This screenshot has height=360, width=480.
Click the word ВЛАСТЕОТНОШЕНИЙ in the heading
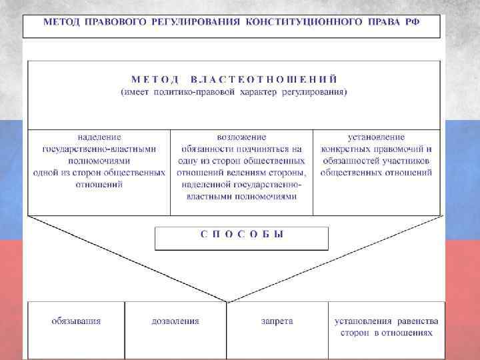click(x=263, y=79)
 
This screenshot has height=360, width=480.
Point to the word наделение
click(x=99, y=137)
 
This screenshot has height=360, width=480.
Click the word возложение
click(x=242, y=137)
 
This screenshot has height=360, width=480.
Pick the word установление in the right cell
click(x=376, y=137)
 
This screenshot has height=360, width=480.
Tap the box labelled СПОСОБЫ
click(x=241, y=235)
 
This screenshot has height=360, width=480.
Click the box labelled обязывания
click(x=76, y=321)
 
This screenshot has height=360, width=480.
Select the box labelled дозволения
click(x=175, y=321)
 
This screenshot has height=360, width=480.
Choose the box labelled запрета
click(x=277, y=321)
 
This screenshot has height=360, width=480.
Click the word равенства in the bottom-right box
click(x=414, y=321)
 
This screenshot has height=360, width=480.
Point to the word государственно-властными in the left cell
click(x=99, y=149)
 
